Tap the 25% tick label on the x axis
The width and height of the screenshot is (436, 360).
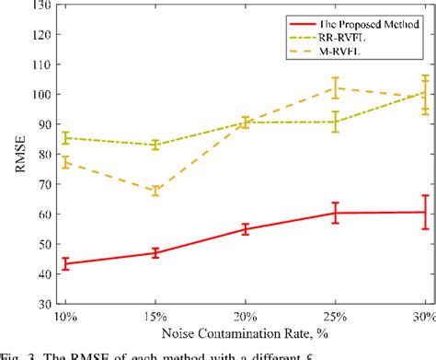pyautogui.click(x=336, y=317)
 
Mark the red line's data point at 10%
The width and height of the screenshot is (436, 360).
pyautogui.click(x=64, y=263)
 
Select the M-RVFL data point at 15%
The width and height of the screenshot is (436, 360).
pyautogui.click(x=155, y=192)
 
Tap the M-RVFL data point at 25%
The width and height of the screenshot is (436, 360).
pyautogui.click(x=336, y=88)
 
